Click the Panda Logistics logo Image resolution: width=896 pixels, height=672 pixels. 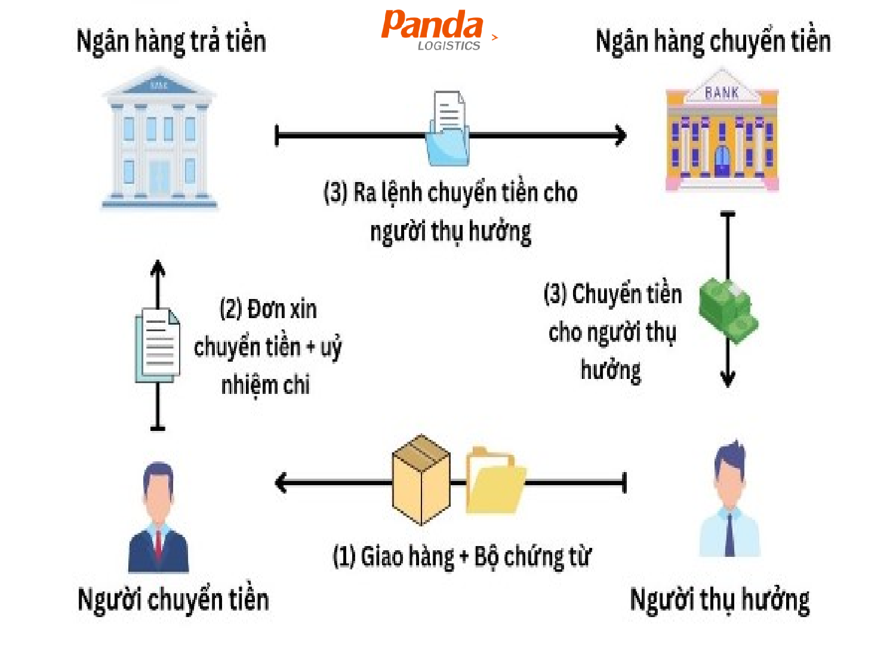click(x=434, y=30)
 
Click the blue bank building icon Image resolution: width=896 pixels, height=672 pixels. click(x=159, y=141)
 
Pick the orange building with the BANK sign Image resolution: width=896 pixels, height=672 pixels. click(x=722, y=131)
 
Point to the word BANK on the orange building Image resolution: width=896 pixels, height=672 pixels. click(x=722, y=93)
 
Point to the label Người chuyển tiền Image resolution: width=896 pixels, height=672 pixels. click(x=173, y=599)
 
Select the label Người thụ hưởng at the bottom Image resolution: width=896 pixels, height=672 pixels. click(x=720, y=599)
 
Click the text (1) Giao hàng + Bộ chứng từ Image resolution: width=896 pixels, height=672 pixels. click(x=461, y=556)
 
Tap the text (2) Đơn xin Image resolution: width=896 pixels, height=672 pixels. click(x=268, y=309)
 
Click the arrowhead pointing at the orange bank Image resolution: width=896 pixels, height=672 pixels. click(x=621, y=135)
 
